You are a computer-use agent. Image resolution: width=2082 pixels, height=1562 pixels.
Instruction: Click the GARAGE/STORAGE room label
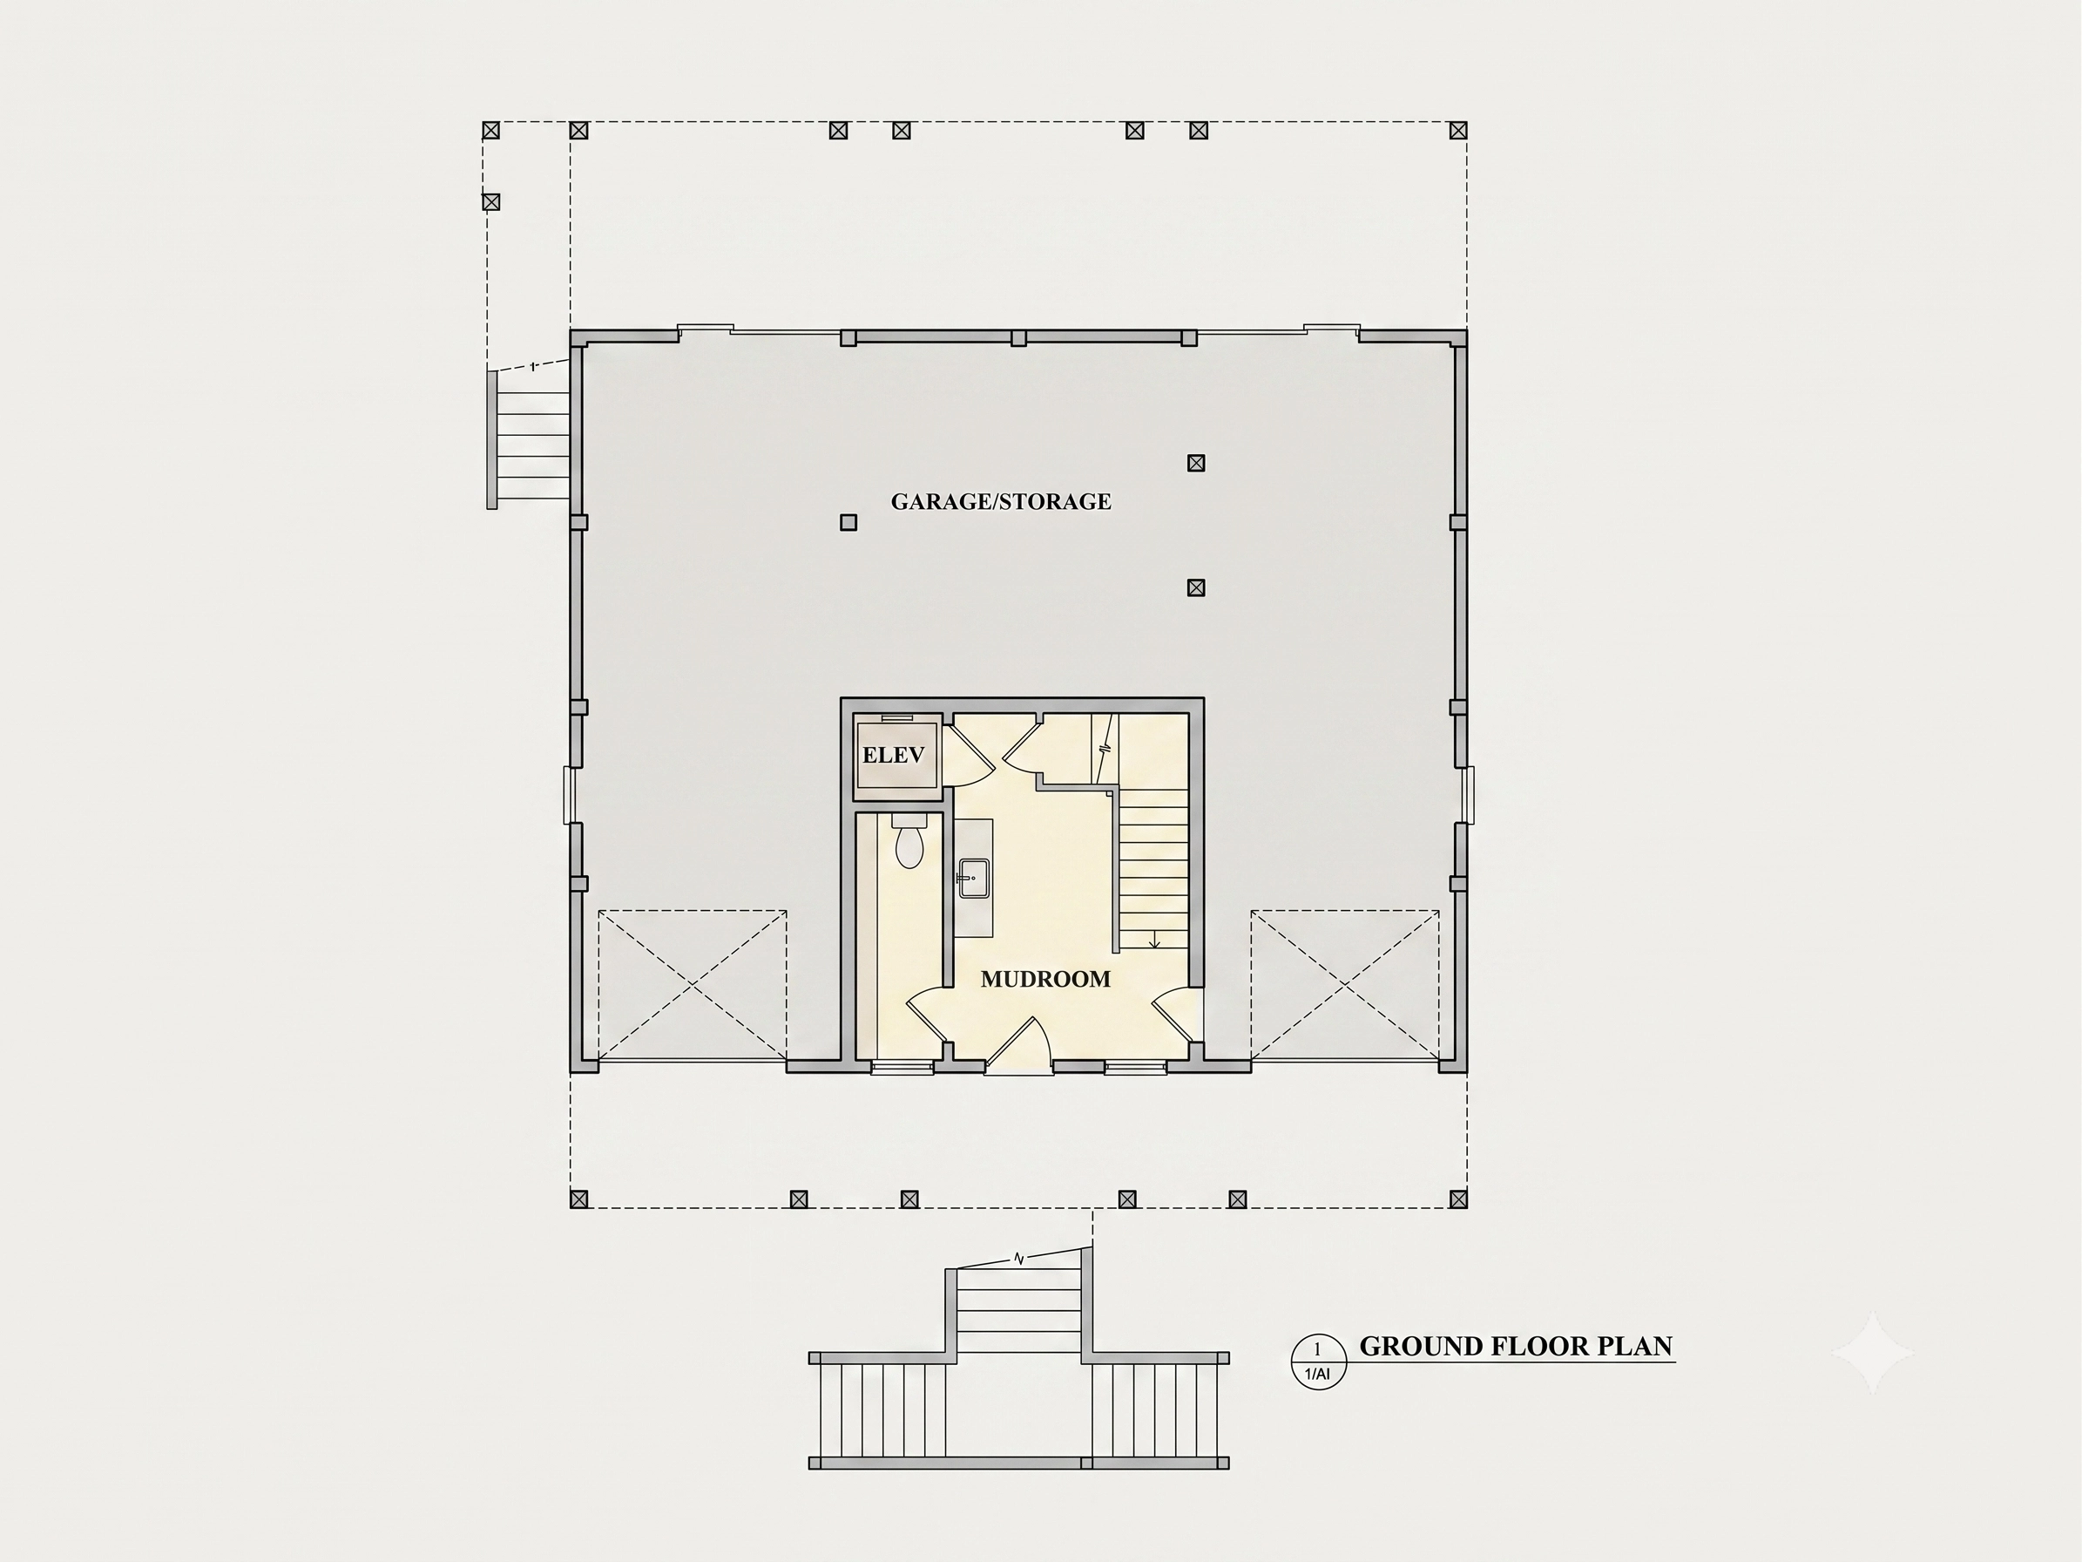pyautogui.click(x=1001, y=502)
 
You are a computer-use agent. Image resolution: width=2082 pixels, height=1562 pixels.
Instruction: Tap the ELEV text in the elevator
pyautogui.click(x=893, y=755)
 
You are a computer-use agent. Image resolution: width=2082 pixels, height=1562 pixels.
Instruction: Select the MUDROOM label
pyautogui.click(x=1045, y=979)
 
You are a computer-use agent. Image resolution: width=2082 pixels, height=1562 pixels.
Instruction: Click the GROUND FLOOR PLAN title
pyautogui.click(x=1516, y=1347)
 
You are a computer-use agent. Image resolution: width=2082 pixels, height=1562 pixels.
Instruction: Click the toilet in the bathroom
pyautogui.click(x=909, y=842)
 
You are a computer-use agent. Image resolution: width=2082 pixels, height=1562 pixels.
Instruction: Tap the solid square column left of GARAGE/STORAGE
pyautogui.click(x=848, y=522)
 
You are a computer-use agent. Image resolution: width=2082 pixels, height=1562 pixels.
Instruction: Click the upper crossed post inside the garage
pyautogui.click(x=1195, y=463)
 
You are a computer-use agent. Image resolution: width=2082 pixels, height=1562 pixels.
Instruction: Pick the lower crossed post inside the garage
pyautogui.click(x=1195, y=587)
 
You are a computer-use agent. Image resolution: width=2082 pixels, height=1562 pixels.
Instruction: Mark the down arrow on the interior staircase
pyautogui.click(x=1155, y=939)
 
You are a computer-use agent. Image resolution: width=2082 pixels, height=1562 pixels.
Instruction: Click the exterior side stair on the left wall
pyautogui.click(x=529, y=438)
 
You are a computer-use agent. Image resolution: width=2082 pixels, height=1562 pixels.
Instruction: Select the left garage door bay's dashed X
pyautogui.click(x=692, y=985)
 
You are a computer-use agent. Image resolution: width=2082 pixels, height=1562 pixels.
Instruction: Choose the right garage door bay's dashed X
pyautogui.click(x=1345, y=985)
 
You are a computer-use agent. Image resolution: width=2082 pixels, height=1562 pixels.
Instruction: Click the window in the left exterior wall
pyautogui.click(x=569, y=795)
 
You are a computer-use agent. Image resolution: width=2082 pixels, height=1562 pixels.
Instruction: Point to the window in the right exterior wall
pyautogui.click(x=1469, y=795)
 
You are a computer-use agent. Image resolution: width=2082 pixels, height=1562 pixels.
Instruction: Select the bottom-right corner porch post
pyautogui.click(x=1458, y=1199)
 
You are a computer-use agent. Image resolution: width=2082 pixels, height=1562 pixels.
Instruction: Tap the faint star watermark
pyautogui.click(x=1872, y=1352)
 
